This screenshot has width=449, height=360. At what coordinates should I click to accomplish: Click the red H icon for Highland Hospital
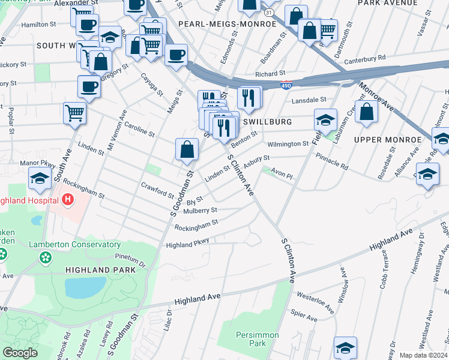click(x=68, y=199)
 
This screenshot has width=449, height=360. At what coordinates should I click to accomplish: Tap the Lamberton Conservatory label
click(x=76, y=245)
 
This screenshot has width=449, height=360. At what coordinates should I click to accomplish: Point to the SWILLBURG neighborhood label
click(x=268, y=122)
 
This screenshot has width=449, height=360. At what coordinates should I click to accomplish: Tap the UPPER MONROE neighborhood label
click(x=388, y=140)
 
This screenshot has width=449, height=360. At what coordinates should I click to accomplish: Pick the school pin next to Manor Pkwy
click(x=40, y=178)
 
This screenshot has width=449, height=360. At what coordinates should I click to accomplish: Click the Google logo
click(x=20, y=352)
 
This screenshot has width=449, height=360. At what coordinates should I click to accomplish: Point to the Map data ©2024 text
click(x=423, y=355)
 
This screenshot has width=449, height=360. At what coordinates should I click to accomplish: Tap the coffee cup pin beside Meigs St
click(x=176, y=55)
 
